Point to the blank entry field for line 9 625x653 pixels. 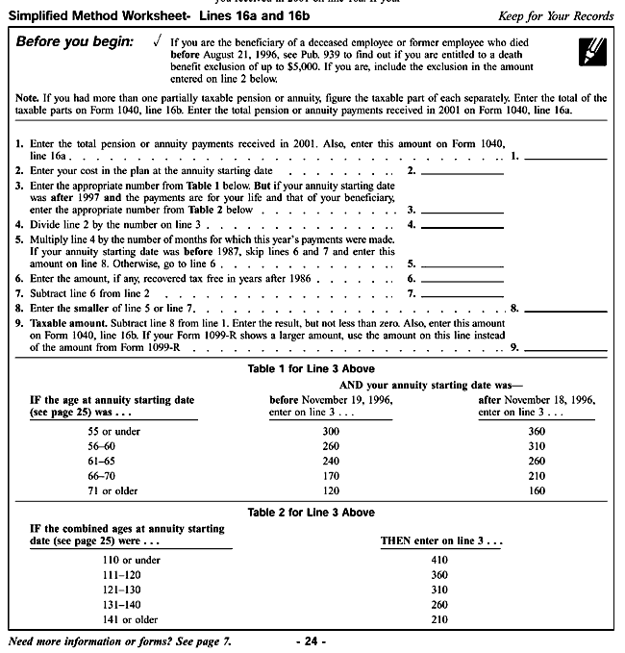click(x=564, y=347)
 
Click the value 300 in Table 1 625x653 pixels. click(x=331, y=432)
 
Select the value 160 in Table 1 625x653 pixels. click(x=537, y=491)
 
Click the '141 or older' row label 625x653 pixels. click(x=130, y=620)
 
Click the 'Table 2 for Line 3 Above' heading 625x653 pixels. click(x=311, y=513)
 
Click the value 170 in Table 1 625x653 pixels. click(x=331, y=476)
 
